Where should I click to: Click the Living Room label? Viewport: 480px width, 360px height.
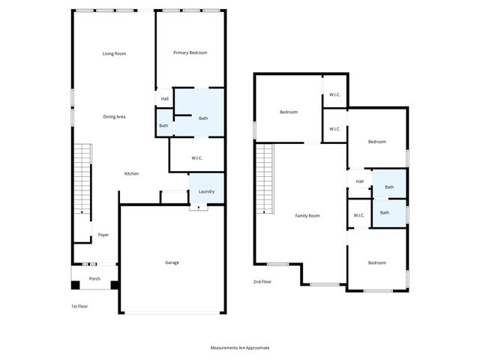coord(114,53)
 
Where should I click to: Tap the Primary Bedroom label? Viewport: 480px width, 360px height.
coord(190,52)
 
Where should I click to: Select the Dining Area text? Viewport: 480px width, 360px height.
coord(114,116)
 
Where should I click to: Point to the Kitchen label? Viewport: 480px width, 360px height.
coord(131,174)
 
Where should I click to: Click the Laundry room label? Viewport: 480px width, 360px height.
coord(206,191)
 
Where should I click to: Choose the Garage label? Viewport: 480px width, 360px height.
coord(172,262)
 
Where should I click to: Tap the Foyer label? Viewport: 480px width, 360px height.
coord(103,235)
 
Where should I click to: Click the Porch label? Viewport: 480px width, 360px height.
coord(94,279)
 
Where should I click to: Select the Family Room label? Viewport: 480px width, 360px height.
coord(307,215)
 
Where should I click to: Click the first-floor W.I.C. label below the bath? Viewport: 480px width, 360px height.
coord(197,157)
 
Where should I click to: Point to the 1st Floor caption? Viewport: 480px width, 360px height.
coord(79,306)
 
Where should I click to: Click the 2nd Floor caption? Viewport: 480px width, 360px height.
coord(262,282)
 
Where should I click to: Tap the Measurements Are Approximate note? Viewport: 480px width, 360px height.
coord(240,348)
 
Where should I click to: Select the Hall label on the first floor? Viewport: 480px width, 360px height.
coord(164,98)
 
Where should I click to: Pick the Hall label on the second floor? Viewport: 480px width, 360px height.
coord(359,181)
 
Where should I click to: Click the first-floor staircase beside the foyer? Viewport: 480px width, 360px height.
coord(82,180)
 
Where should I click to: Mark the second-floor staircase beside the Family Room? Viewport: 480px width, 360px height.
coord(264,180)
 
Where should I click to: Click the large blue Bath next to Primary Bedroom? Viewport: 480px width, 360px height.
coord(203,118)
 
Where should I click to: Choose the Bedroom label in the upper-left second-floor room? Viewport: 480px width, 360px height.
coord(289,112)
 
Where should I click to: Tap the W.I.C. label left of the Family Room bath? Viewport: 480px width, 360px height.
coord(358,216)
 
